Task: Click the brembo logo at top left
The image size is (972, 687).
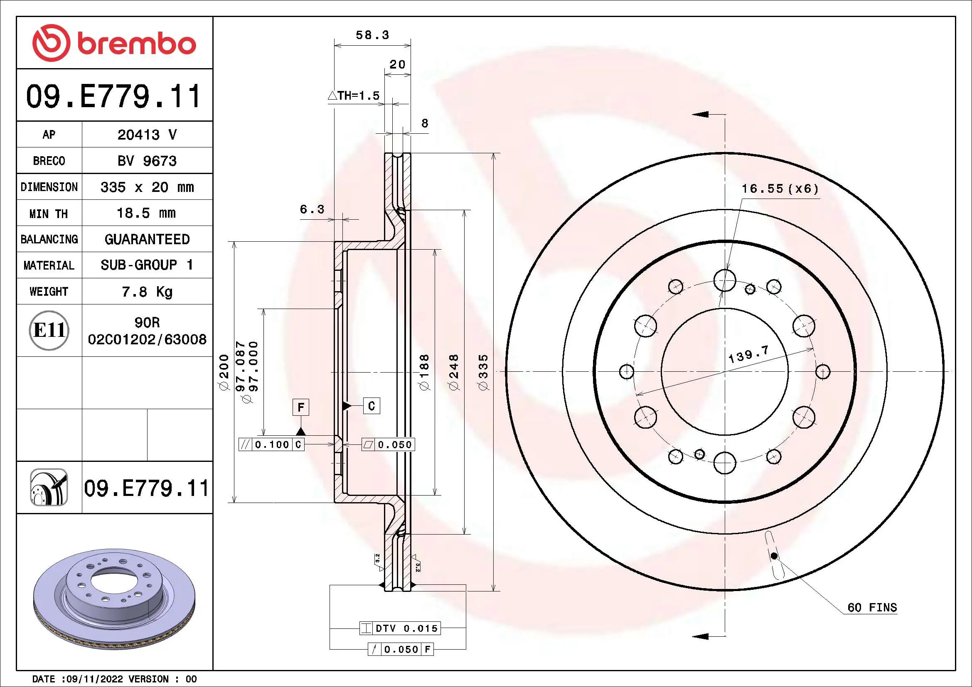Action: (114, 43)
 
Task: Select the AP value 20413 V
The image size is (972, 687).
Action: (147, 135)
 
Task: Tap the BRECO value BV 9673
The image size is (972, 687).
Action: (147, 161)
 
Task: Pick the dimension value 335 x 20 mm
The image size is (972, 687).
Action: (147, 187)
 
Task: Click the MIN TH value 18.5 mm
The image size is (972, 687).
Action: (146, 213)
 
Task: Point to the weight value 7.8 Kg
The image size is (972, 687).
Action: (147, 292)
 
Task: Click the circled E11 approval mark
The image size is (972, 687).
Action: (49, 330)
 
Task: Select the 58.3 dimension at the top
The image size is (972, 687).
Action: (372, 35)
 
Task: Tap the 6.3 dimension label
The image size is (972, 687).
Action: (312, 209)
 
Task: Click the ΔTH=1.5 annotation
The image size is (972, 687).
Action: (354, 96)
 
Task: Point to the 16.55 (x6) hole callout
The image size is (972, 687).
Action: (780, 189)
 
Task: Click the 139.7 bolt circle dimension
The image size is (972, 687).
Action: (748, 354)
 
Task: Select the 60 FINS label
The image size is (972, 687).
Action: (872, 608)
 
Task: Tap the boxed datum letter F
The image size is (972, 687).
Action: (300, 407)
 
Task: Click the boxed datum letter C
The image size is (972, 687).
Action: (371, 406)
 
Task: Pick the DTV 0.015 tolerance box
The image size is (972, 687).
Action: (400, 628)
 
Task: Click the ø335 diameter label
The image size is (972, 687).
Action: (483, 372)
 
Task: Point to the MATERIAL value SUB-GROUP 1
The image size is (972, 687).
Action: (147, 265)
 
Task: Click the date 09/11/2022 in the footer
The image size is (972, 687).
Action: (94, 679)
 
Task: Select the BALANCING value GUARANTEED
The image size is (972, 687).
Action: (147, 239)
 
